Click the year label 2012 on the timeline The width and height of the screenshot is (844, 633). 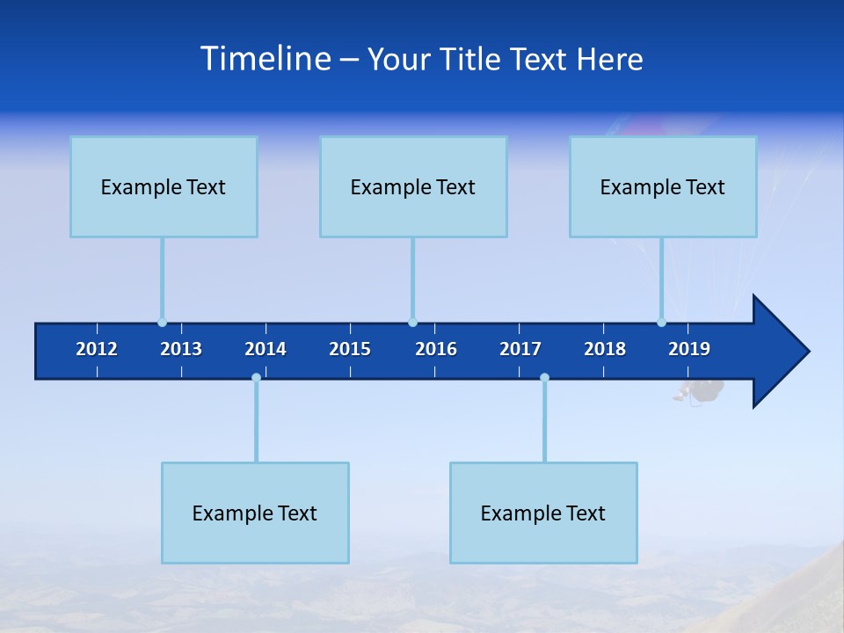point(97,349)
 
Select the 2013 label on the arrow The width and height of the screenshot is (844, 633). point(181,349)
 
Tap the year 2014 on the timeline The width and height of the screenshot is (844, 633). point(266,349)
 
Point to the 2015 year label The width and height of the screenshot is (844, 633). point(350,349)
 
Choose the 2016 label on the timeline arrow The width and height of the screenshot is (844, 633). point(436,349)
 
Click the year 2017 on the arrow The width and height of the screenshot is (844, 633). point(520,349)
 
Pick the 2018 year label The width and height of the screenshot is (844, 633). point(605,349)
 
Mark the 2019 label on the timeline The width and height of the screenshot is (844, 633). point(689,349)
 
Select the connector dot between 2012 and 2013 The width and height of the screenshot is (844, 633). point(162,323)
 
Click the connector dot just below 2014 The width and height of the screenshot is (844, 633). point(256,378)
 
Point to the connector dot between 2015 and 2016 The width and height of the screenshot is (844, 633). point(412,323)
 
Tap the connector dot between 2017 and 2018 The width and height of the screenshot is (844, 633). point(544,378)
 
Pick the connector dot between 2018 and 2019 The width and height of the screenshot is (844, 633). point(661,323)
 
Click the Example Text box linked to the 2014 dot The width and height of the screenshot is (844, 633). point(255,513)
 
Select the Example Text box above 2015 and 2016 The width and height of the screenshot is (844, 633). point(413,186)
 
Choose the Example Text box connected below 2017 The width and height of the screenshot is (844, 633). point(543,513)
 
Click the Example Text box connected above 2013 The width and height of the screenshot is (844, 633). point(164,186)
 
